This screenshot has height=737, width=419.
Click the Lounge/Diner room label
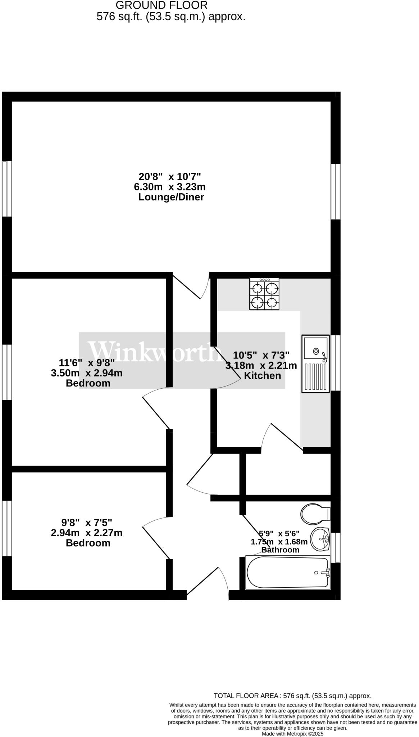click(x=171, y=197)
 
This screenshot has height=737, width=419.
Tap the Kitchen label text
click(x=262, y=376)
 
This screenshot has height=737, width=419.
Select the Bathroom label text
click(x=280, y=550)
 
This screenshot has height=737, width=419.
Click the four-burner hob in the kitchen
click(x=264, y=294)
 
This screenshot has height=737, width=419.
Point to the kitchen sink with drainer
click(x=315, y=363)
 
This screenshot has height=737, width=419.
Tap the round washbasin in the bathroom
click(x=320, y=539)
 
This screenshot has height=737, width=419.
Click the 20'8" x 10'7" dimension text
click(x=170, y=177)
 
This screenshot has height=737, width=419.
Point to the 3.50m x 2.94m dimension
click(x=87, y=373)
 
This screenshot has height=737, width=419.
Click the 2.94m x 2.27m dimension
click(x=87, y=533)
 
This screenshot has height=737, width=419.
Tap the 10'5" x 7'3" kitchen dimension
click(x=261, y=355)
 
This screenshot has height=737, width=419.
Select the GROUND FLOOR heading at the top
click(x=161, y=5)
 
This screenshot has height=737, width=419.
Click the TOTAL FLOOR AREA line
click(x=292, y=696)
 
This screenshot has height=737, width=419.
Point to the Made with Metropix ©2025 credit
click(x=293, y=734)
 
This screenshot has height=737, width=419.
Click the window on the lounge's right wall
click(x=336, y=192)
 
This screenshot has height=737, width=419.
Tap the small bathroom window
click(x=336, y=547)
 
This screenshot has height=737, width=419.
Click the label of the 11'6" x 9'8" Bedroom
click(x=88, y=383)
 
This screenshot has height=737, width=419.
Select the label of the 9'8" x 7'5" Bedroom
click(x=88, y=543)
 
